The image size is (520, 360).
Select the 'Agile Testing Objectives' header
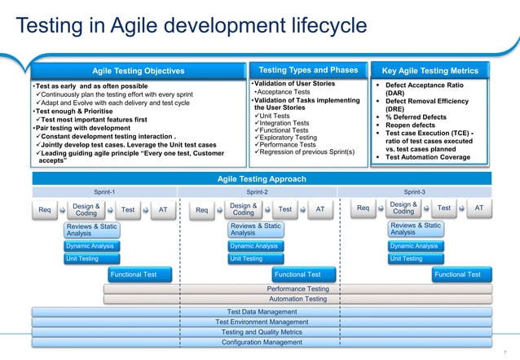pos(137,71)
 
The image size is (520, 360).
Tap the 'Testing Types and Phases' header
pos(308,70)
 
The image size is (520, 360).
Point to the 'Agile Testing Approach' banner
pos(262,178)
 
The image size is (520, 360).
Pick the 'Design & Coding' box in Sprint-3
pos(403,209)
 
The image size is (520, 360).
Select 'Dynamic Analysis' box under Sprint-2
pos(253,245)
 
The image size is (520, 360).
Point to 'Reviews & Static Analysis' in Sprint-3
pos(416,229)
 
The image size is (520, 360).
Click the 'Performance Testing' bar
pos(298,288)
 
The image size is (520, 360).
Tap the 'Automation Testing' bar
pos(298,299)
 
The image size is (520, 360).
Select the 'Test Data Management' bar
pos(262,311)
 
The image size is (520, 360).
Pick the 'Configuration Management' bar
pos(262,343)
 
